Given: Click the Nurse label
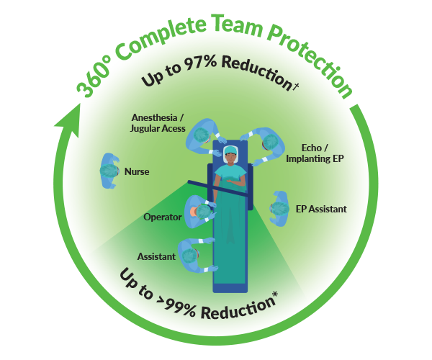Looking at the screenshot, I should coord(137,172).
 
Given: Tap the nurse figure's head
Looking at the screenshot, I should coord(109,171).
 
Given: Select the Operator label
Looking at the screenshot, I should coord(162,217).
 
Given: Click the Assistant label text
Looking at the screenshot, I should coord(156,256).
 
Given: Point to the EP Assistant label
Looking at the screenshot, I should coord(321,209).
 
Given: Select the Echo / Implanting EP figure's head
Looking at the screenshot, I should coord(269,142).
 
